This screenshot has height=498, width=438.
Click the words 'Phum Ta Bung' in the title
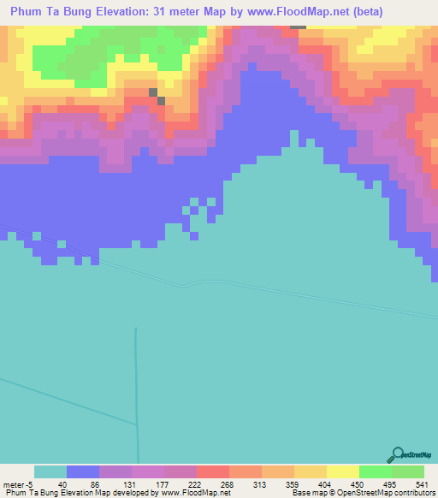(x=51, y=12)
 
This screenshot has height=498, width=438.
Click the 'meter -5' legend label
(x=18, y=483)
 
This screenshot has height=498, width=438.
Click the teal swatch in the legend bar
(x=50, y=471)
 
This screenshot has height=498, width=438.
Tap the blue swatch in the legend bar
(x=83, y=471)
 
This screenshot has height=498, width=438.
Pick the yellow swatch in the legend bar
(x=343, y=471)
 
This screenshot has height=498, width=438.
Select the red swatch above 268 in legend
(x=213, y=471)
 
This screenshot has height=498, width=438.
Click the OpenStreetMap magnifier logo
(x=397, y=456)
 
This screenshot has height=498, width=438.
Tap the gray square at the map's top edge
(x=298, y=26)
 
